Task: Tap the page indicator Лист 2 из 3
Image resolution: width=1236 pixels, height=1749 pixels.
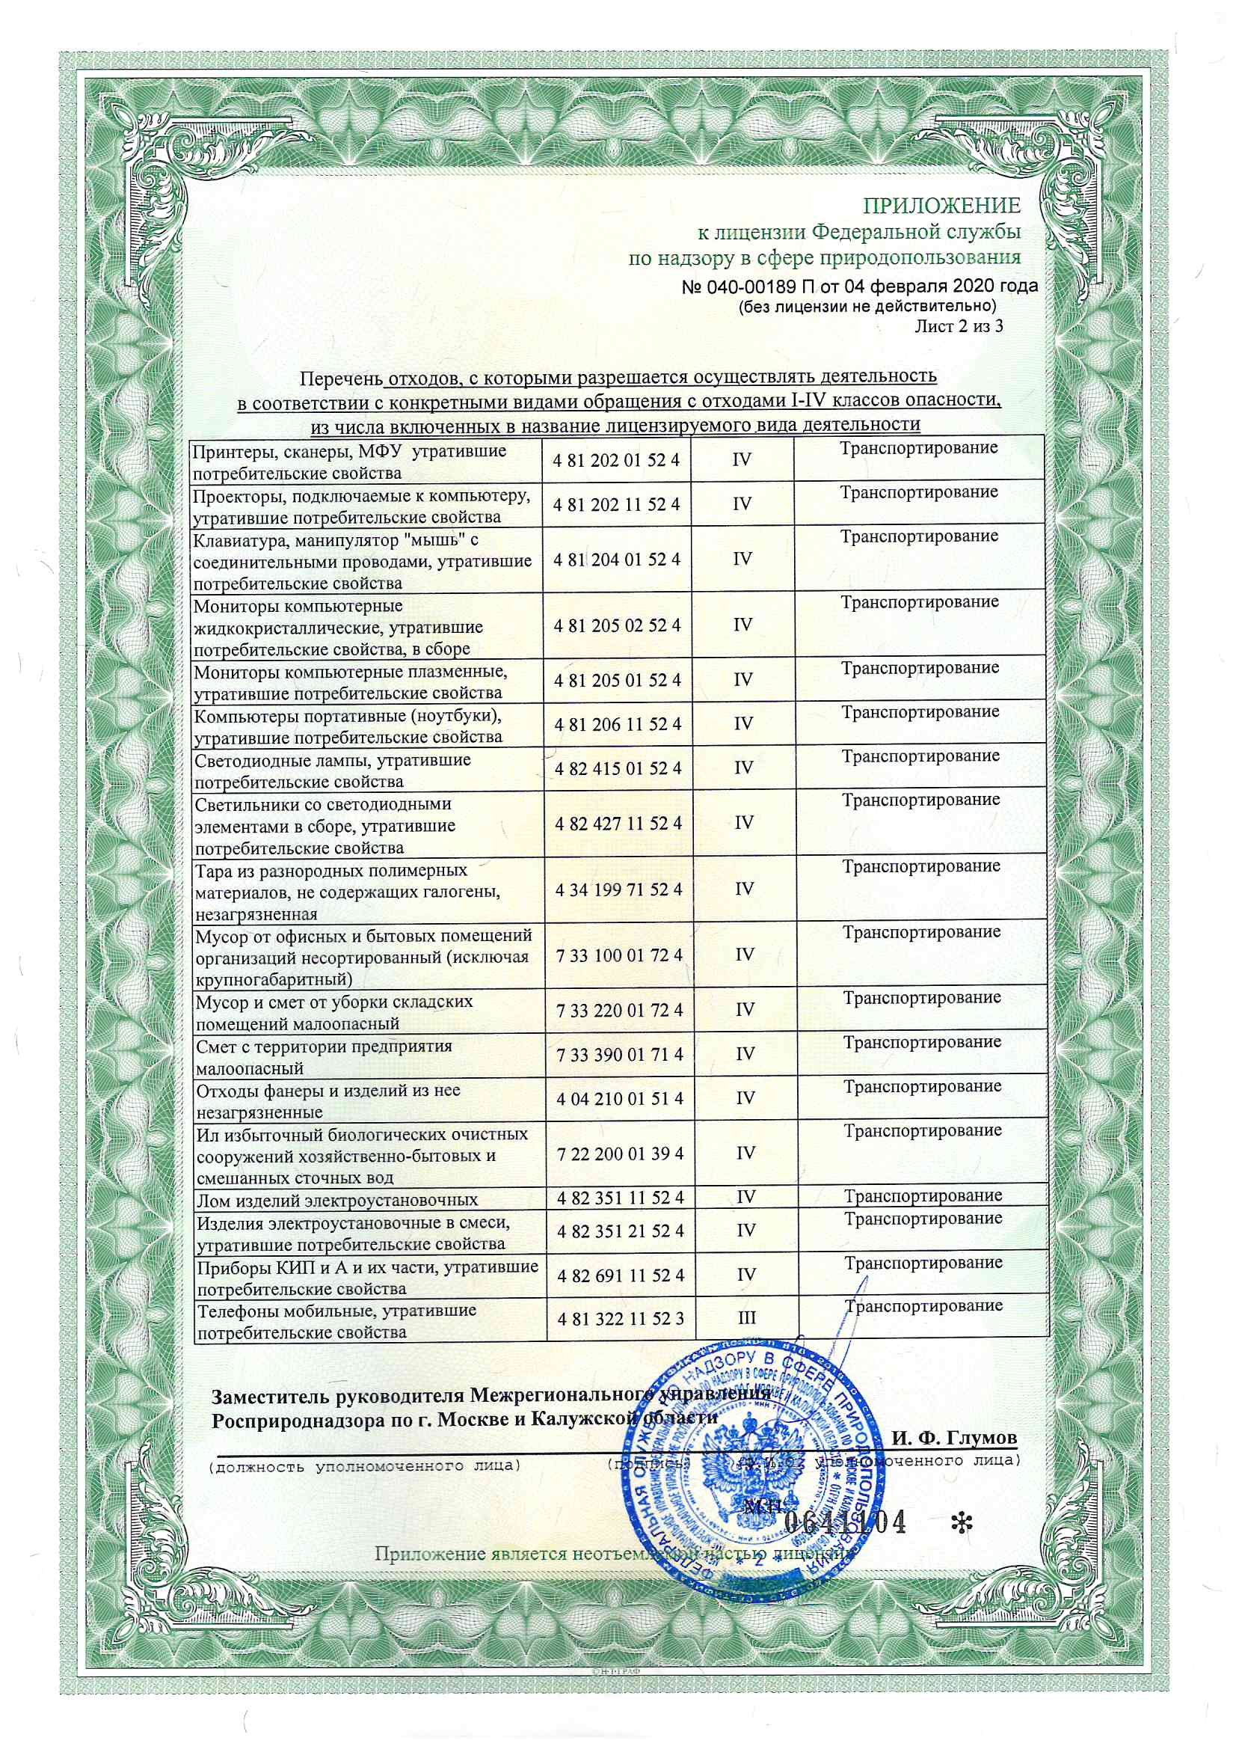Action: tap(958, 327)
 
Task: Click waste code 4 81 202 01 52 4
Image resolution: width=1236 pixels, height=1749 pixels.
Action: tap(617, 460)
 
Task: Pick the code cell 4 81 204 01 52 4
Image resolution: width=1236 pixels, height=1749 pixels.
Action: tap(617, 559)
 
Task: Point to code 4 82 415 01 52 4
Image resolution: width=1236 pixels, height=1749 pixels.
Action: tap(618, 768)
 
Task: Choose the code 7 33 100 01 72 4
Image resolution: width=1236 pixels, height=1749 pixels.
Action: tap(619, 955)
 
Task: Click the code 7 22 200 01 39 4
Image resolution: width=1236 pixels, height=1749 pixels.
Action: tap(620, 1154)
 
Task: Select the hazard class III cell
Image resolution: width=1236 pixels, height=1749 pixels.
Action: tap(747, 1318)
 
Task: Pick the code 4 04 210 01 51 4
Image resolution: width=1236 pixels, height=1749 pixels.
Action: tap(619, 1098)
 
